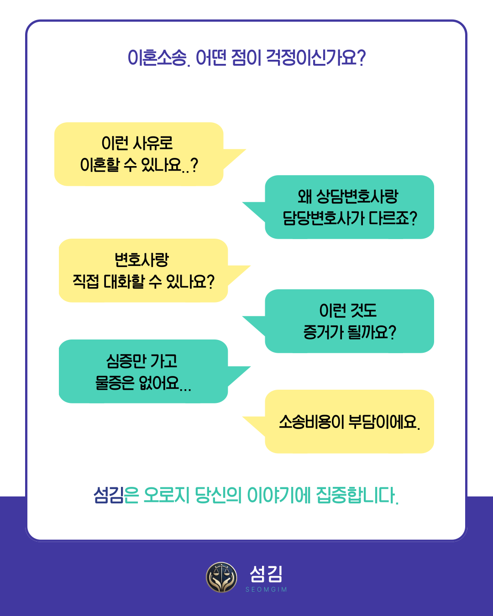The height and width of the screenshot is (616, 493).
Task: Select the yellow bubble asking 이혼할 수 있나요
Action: [139, 154]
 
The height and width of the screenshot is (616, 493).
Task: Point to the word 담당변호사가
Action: [324, 218]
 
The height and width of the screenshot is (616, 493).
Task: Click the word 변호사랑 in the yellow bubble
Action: [142, 260]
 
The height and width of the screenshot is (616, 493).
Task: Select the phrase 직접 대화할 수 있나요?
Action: [143, 282]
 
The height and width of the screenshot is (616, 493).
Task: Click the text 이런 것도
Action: [348, 311]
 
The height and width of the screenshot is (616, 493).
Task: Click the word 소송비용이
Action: [311, 422]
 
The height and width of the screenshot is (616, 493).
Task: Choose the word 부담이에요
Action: [384, 422]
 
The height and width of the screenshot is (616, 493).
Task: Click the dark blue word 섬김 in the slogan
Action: [109, 495]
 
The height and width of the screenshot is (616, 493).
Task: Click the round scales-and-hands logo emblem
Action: [221, 577]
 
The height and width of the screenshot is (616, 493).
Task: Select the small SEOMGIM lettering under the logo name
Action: [266, 590]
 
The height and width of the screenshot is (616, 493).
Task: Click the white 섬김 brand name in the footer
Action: [266, 574]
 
